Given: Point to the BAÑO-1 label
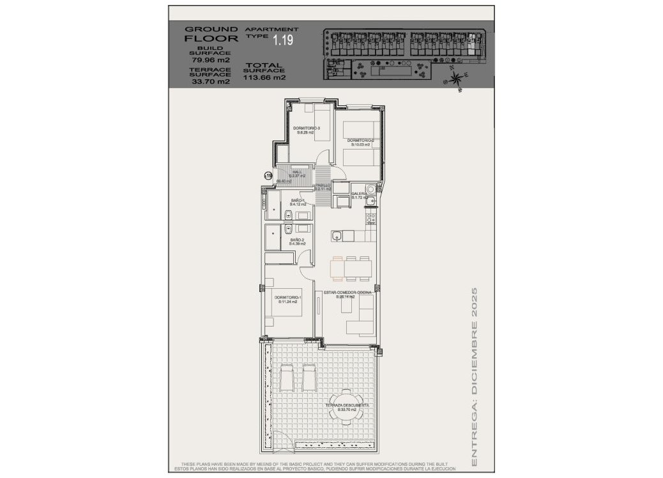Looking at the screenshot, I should pyautogui.click(x=298, y=203).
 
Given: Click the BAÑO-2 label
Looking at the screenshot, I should pyautogui.click(x=298, y=242).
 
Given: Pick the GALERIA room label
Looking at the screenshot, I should pyautogui.click(x=359, y=196).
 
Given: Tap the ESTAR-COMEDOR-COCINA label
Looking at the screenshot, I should pyautogui.click(x=347, y=295).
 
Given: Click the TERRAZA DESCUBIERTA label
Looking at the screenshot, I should pyautogui.click(x=347, y=407).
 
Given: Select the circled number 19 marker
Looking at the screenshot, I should pyautogui.click(x=268, y=174).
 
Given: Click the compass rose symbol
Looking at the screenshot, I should pyautogui.click(x=457, y=79).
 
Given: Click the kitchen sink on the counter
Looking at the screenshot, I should pyautogui.click(x=339, y=236).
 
